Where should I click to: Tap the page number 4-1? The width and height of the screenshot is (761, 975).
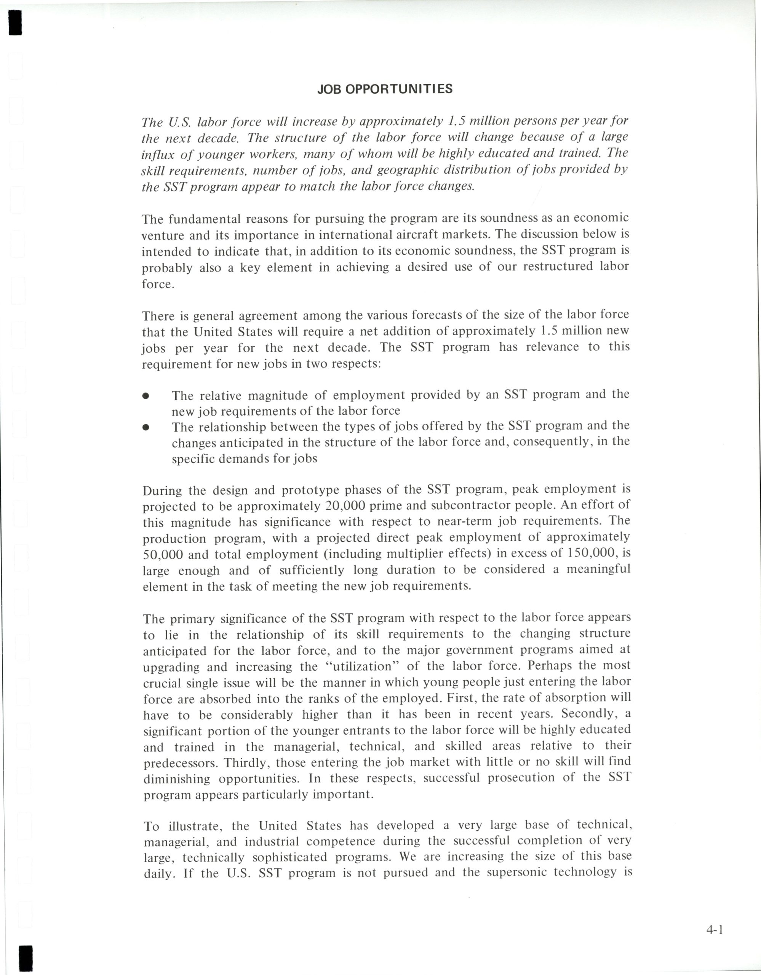[715, 930]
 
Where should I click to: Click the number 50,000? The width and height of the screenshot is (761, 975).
[163, 555]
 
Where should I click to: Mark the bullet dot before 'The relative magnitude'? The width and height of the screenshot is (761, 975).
[145, 396]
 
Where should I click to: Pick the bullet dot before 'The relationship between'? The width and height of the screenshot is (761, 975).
[145, 427]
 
